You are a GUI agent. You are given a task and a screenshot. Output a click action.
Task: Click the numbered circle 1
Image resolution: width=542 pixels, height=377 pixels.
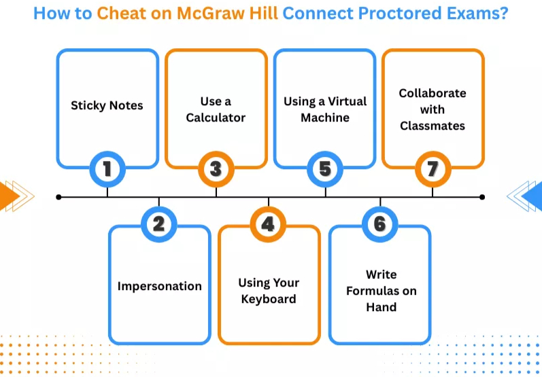[x=107, y=168]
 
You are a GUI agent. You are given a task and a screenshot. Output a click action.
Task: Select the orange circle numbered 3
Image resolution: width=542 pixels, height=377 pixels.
[x=216, y=168]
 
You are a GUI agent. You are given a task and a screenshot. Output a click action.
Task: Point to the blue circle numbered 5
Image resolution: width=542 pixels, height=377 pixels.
[x=325, y=168]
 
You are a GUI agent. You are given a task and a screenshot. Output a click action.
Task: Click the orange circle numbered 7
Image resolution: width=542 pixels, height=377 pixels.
[x=433, y=168]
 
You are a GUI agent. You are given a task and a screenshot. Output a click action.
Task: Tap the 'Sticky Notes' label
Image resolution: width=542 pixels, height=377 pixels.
[x=107, y=106]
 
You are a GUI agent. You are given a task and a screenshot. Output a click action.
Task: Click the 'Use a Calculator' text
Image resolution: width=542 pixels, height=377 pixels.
[x=216, y=109]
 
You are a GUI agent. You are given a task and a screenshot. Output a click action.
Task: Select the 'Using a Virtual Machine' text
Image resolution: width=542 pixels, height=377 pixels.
[x=325, y=109]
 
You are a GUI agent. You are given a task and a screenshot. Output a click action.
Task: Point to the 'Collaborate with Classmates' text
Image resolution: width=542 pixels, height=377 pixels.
[x=433, y=109]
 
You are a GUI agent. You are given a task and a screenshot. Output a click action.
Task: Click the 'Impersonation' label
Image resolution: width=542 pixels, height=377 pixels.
[x=159, y=286]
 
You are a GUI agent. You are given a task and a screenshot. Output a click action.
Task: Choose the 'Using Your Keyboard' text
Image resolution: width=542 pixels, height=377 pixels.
[x=269, y=291]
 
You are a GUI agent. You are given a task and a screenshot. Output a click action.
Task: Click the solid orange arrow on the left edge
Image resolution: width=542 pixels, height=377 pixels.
[x=8, y=196]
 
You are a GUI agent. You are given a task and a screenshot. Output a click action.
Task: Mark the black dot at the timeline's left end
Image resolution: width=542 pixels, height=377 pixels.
[x=59, y=197]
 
